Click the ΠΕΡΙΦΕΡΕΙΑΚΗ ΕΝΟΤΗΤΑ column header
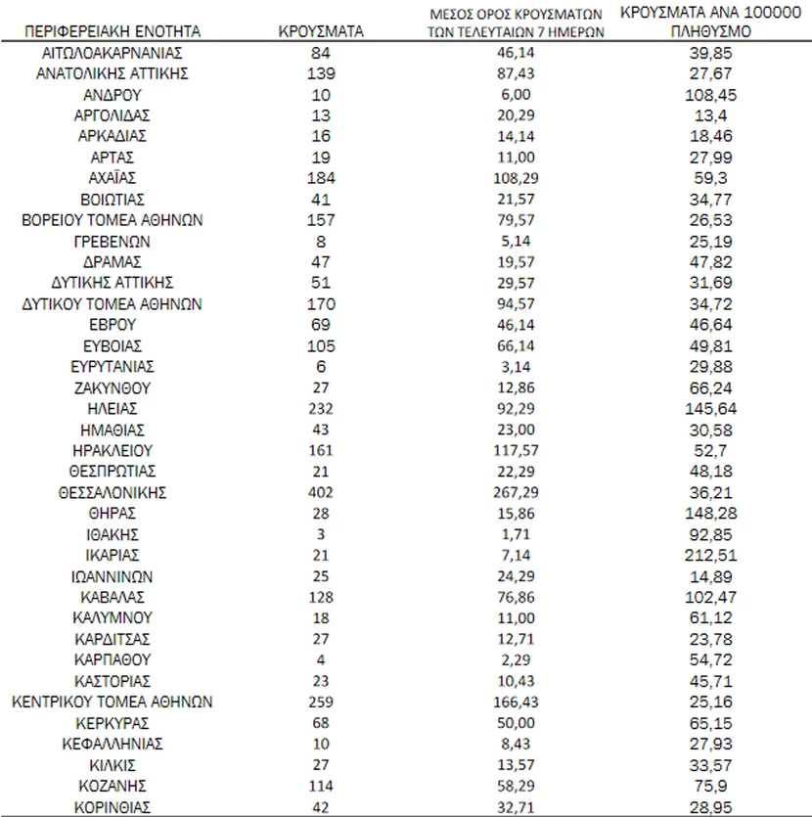[x=113, y=31]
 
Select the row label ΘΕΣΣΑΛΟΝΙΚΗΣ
[x=113, y=492]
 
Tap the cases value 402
[x=321, y=492]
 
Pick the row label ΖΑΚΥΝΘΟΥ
[x=113, y=387]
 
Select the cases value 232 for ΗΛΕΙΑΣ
[x=321, y=409]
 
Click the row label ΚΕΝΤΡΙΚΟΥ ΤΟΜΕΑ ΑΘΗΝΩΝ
[x=113, y=702]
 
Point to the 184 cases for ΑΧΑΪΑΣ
[x=321, y=178]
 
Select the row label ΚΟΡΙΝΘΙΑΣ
[x=113, y=807]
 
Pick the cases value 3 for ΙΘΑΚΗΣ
[x=321, y=534]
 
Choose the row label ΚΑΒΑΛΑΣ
[x=113, y=597]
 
